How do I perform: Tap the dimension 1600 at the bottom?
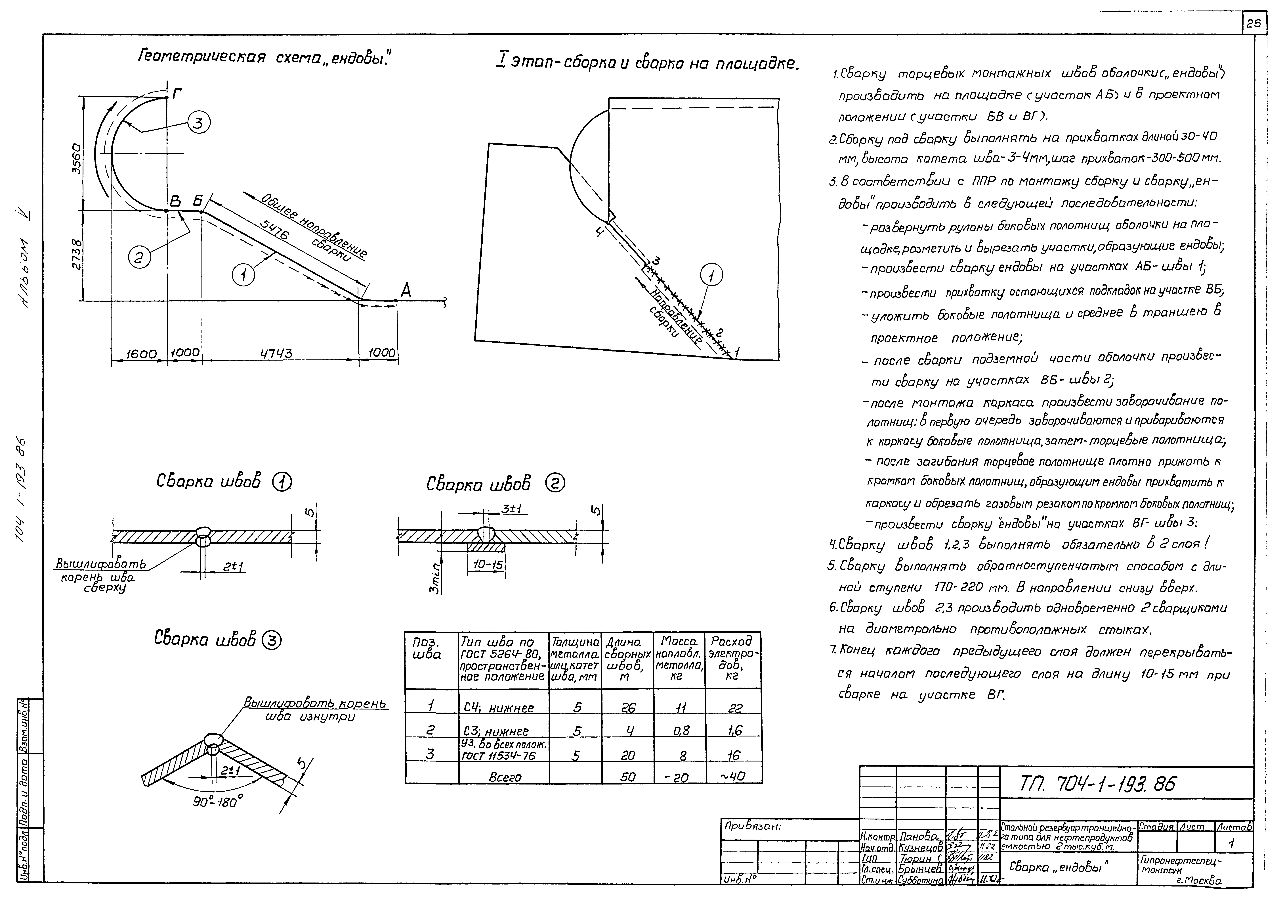point(141,354)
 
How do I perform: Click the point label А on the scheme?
point(406,290)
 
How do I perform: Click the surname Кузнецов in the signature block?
point(920,848)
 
